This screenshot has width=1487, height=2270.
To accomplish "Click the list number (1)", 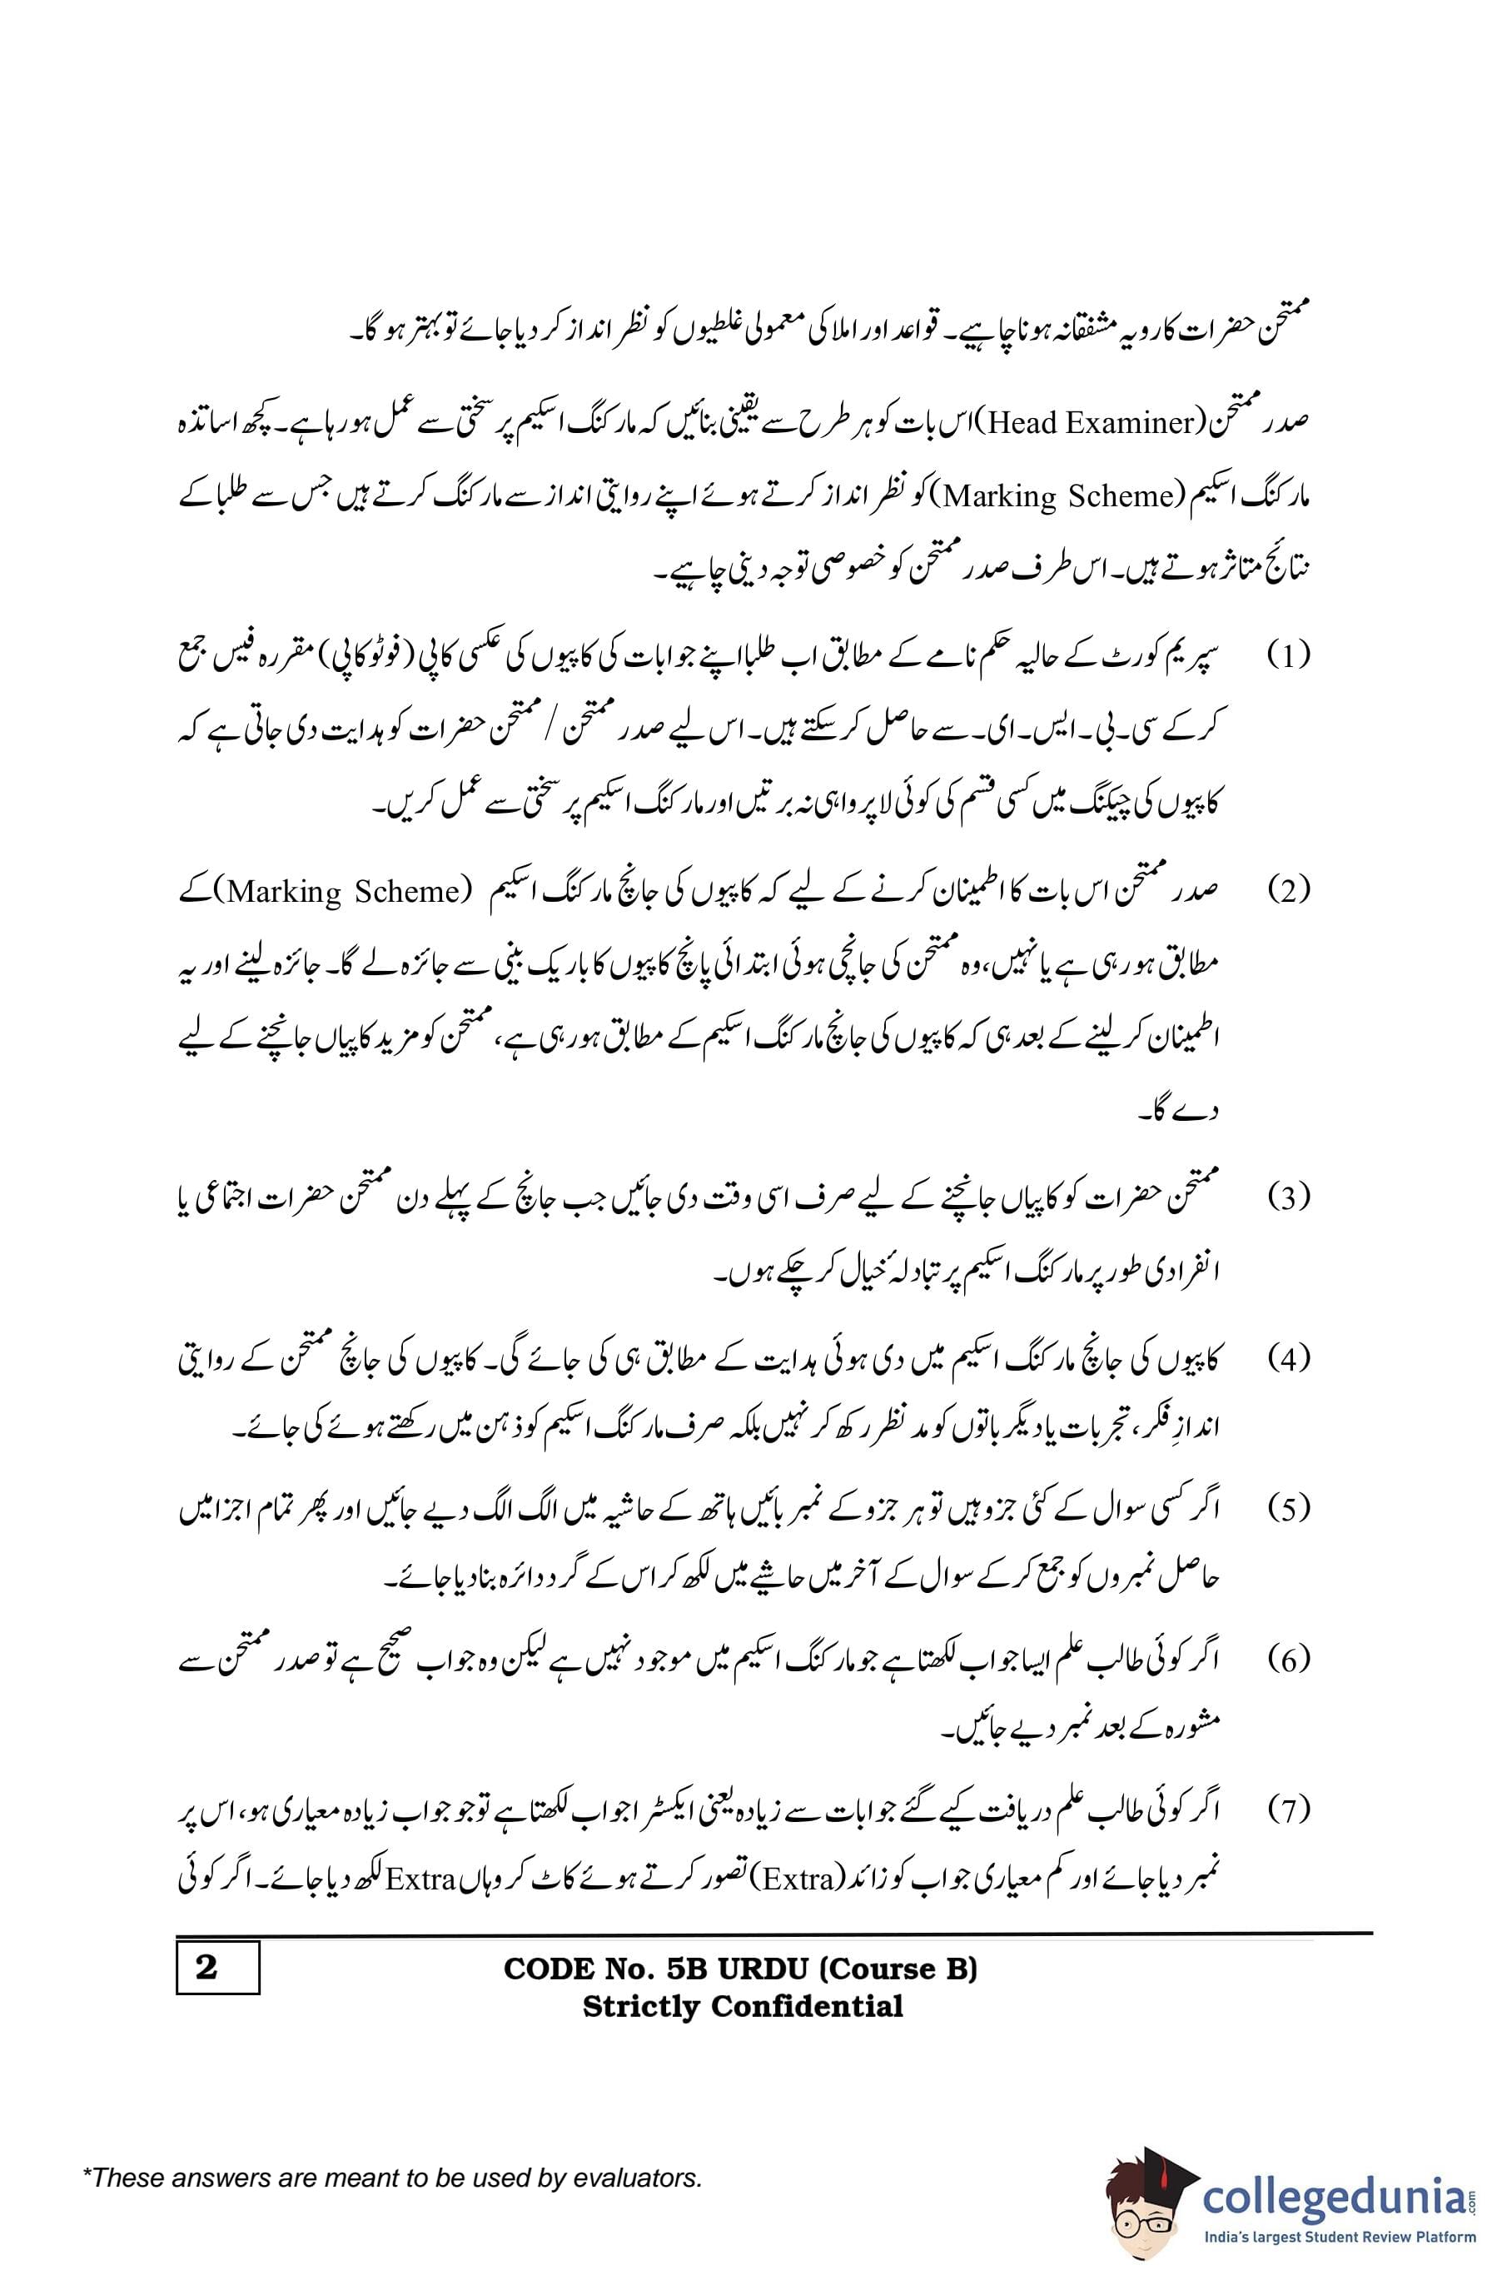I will [1289, 656].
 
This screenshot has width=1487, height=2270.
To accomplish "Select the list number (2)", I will [1289, 892].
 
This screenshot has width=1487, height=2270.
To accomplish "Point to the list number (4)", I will [1289, 1359].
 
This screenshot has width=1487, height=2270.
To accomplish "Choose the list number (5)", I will [1289, 1509].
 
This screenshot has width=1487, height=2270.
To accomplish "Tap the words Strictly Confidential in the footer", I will [742, 2006].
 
